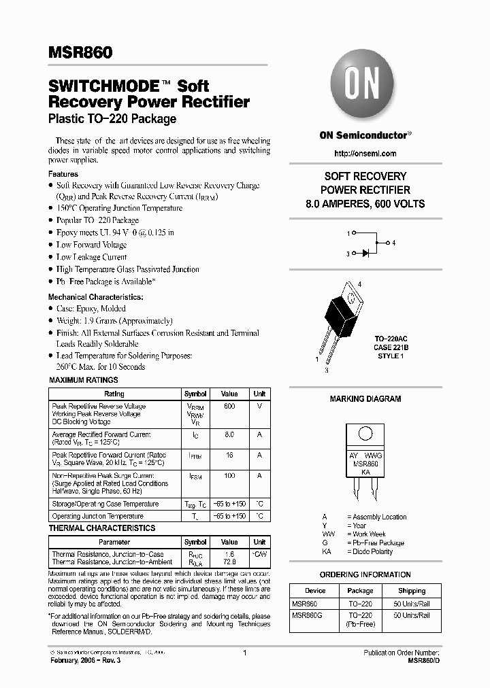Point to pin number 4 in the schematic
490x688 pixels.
(393, 243)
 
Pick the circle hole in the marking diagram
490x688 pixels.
(365, 433)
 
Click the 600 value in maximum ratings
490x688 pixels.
(229, 406)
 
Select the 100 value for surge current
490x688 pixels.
(229, 476)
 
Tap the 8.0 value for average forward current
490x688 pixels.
(229, 434)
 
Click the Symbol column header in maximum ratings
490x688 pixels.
(195, 394)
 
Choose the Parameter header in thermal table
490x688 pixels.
(114, 542)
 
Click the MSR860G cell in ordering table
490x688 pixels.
(306, 615)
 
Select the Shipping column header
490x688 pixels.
(411, 591)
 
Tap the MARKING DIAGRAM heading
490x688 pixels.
(365, 399)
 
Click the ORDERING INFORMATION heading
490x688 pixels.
(365, 574)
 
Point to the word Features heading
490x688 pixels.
(63, 174)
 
